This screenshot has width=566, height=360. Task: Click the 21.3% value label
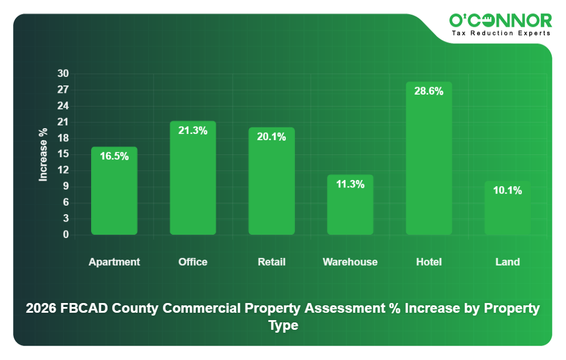pyautogui.click(x=192, y=130)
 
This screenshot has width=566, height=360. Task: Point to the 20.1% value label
pyautogui.click(x=271, y=137)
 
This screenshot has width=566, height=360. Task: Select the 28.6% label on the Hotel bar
pyautogui.click(x=429, y=91)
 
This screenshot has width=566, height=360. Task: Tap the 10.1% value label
pyautogui.click(x=507, y=190)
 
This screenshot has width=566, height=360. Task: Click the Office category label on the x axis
pyautogui.click(x=192, y=262)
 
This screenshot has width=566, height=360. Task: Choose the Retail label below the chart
pyautogui.click(x=271, y=262)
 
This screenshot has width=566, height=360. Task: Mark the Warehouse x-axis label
pyautogui.click(x=350, y=262)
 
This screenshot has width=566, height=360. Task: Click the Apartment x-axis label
pyautogui.click(x=114, y=262)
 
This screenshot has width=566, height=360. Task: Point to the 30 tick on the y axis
pyautogui.click(x=63, y=73)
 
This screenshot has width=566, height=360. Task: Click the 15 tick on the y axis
pyautogui.click(x=63, y=154)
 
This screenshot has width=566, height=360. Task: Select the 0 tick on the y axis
pyautogui.click(x=65, y=234)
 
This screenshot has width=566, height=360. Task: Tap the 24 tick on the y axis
pyautogui.click(x=63, y=106)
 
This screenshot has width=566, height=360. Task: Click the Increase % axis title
pyautogui.click(x=43, y=154)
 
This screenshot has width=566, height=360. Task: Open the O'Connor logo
pyautogui.click(x=501, y=21)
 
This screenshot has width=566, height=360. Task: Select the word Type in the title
pyautogui.click(x=283, y=325)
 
